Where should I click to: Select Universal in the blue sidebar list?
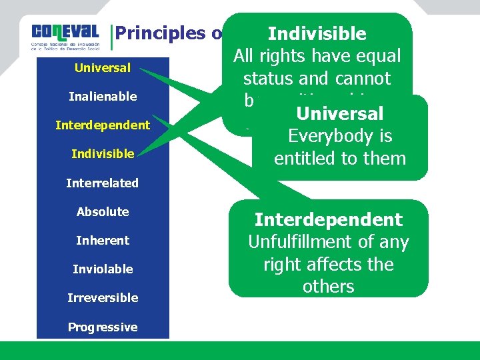pos(103,67)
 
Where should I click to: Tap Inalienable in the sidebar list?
pos(103,97)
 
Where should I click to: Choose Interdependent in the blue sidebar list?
pos(103,125)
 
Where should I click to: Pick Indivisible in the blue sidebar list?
pos(103,154)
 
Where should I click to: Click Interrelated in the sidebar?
pos(103,183)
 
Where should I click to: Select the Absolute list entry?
pos(103,211)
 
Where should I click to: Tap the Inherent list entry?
pos(103,240)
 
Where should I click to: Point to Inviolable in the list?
pos(103,269)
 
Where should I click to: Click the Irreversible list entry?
pos(103,297)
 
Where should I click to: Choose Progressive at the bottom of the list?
pos(103,327)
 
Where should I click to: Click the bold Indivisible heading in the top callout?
pos(317,34)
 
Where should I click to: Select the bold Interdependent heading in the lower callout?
pos(329,220)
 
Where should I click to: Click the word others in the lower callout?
pos(328,287)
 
